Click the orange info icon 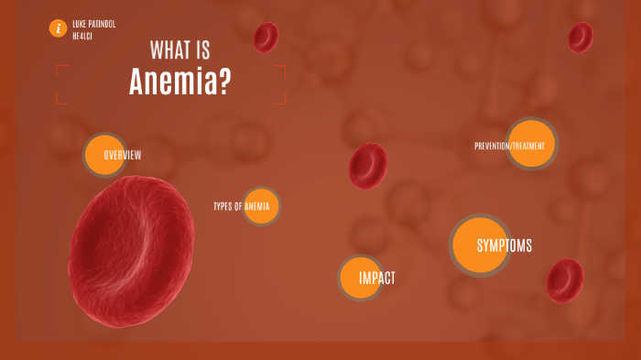pos(59,28)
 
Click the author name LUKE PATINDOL pos(93,24)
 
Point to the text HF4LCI pos(82,36)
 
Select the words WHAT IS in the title pos(179,51)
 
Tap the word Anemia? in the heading pos(179,82)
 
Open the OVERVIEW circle pos(104,154)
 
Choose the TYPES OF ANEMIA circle pos(261,206)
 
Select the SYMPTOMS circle pos(482,245)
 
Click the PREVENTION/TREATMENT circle pos(531,145)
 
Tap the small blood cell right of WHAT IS pos(266,38)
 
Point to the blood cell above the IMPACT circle pos(368,166)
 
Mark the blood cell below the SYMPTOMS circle pos(564,280)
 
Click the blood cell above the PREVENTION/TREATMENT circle pos(580,38)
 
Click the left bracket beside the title pos(58,84)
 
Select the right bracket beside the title pos(284,84)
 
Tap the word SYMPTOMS pos(504,245)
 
